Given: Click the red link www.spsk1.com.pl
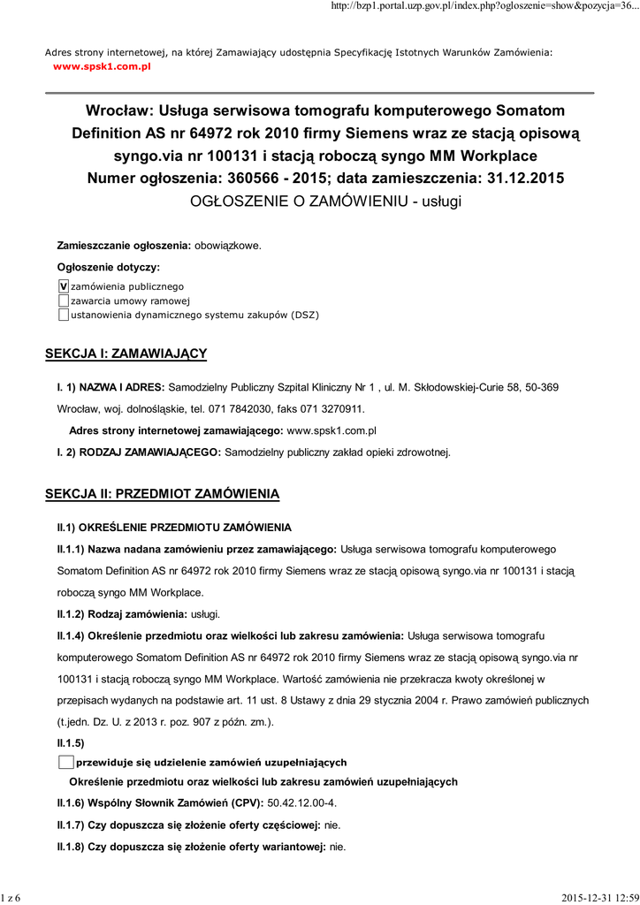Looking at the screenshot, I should (102, 66).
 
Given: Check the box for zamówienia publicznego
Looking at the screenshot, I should (63, 286).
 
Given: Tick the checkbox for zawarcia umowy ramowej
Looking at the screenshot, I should (63, 300).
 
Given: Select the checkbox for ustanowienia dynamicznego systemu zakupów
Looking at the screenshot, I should (63, 315).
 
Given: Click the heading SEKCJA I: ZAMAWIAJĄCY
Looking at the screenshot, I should (126, 354).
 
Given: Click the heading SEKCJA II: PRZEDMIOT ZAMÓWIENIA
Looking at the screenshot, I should (162, 493).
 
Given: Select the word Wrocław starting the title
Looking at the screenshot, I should (117, 111).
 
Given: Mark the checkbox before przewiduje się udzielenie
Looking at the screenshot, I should (65, 762).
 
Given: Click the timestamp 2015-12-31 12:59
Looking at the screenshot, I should (599, 898).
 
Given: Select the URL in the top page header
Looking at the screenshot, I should (484, 6).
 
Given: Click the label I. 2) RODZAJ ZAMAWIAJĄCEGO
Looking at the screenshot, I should (139, 452).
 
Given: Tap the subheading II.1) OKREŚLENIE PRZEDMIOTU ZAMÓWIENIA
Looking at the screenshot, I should (174, 528).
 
